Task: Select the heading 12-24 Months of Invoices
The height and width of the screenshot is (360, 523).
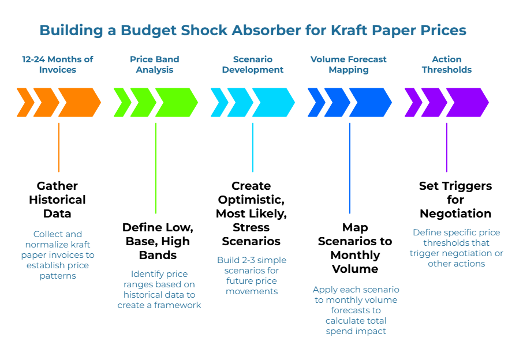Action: pos(58,64)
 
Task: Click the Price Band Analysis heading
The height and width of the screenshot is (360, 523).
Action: pos(155,64)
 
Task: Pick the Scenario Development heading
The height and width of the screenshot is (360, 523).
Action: pos(253,64)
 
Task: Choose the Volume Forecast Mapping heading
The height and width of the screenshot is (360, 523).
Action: pos(349,64)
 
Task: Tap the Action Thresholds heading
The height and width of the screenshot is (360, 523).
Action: pos(447,64)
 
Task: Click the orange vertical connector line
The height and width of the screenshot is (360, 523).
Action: pos(59,147)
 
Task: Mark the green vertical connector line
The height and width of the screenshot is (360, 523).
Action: pos(156,167)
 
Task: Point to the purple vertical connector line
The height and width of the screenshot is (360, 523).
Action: pos(447,147)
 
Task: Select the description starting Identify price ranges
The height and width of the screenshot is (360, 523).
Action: pos(159,289)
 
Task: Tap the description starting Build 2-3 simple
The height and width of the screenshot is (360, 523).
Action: pos(252,276)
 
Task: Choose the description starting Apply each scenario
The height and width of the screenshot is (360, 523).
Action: pos(356,310)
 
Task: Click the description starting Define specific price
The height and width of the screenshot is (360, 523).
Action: pos(457,248)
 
